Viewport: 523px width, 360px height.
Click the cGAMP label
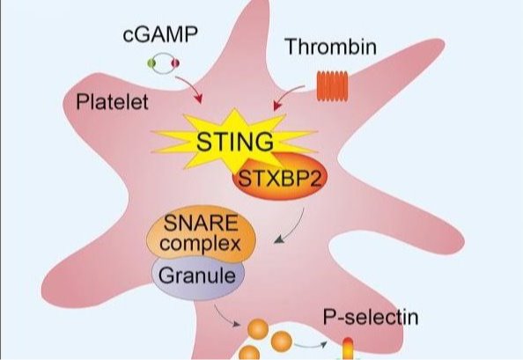[x=160, y=34]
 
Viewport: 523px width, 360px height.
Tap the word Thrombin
[x=330, y=47]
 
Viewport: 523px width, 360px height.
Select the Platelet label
[x=112, y=101]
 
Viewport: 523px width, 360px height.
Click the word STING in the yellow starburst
[x=235, y=142]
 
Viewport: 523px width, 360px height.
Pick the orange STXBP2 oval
[x=279, y=177]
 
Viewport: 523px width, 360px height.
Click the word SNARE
[x=201, y=223]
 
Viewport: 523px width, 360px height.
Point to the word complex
[x=200, y=243]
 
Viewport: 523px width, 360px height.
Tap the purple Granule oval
[x=198, y=277]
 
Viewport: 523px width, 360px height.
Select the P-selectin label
[x=371, y=317]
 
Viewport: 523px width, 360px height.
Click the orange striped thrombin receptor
[x=332, y=85]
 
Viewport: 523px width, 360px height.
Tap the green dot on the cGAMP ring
[x=151, y=62]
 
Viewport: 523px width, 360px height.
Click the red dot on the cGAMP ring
[x=175, y=62]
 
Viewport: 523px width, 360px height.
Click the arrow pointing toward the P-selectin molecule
[x=310, y=346]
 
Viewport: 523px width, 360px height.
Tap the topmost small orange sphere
[x=257, y=328]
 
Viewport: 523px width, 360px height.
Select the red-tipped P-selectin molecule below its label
[x=348, y=349]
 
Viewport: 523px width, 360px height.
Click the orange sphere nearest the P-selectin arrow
[x=282, y=342]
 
